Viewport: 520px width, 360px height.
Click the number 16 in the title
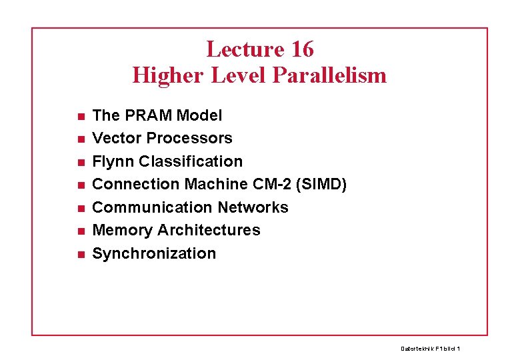(301, 49)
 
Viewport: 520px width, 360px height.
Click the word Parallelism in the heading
(329, 75)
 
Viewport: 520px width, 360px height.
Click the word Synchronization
(154, 253)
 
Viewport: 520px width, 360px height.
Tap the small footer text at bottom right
(431, 349)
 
